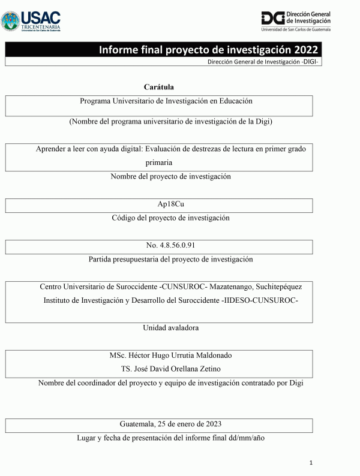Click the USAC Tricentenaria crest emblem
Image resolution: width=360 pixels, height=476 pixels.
click(x=11, y=21)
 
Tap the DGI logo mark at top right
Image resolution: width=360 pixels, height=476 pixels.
click(x=273, y=17)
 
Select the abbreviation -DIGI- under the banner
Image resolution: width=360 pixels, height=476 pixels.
click(x=308, y=62)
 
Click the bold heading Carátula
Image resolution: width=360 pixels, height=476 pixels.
click(x=159, y=88)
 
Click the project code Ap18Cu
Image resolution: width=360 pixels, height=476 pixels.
click(x=171, y=204)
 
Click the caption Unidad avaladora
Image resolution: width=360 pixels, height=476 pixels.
click(x=170, y=328)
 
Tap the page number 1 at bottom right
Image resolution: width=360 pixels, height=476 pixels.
click(x=311, y=463)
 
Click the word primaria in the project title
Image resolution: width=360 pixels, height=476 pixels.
click(x=159, y=162)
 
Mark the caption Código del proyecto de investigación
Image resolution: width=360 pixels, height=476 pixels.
click(x=170, y=218)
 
